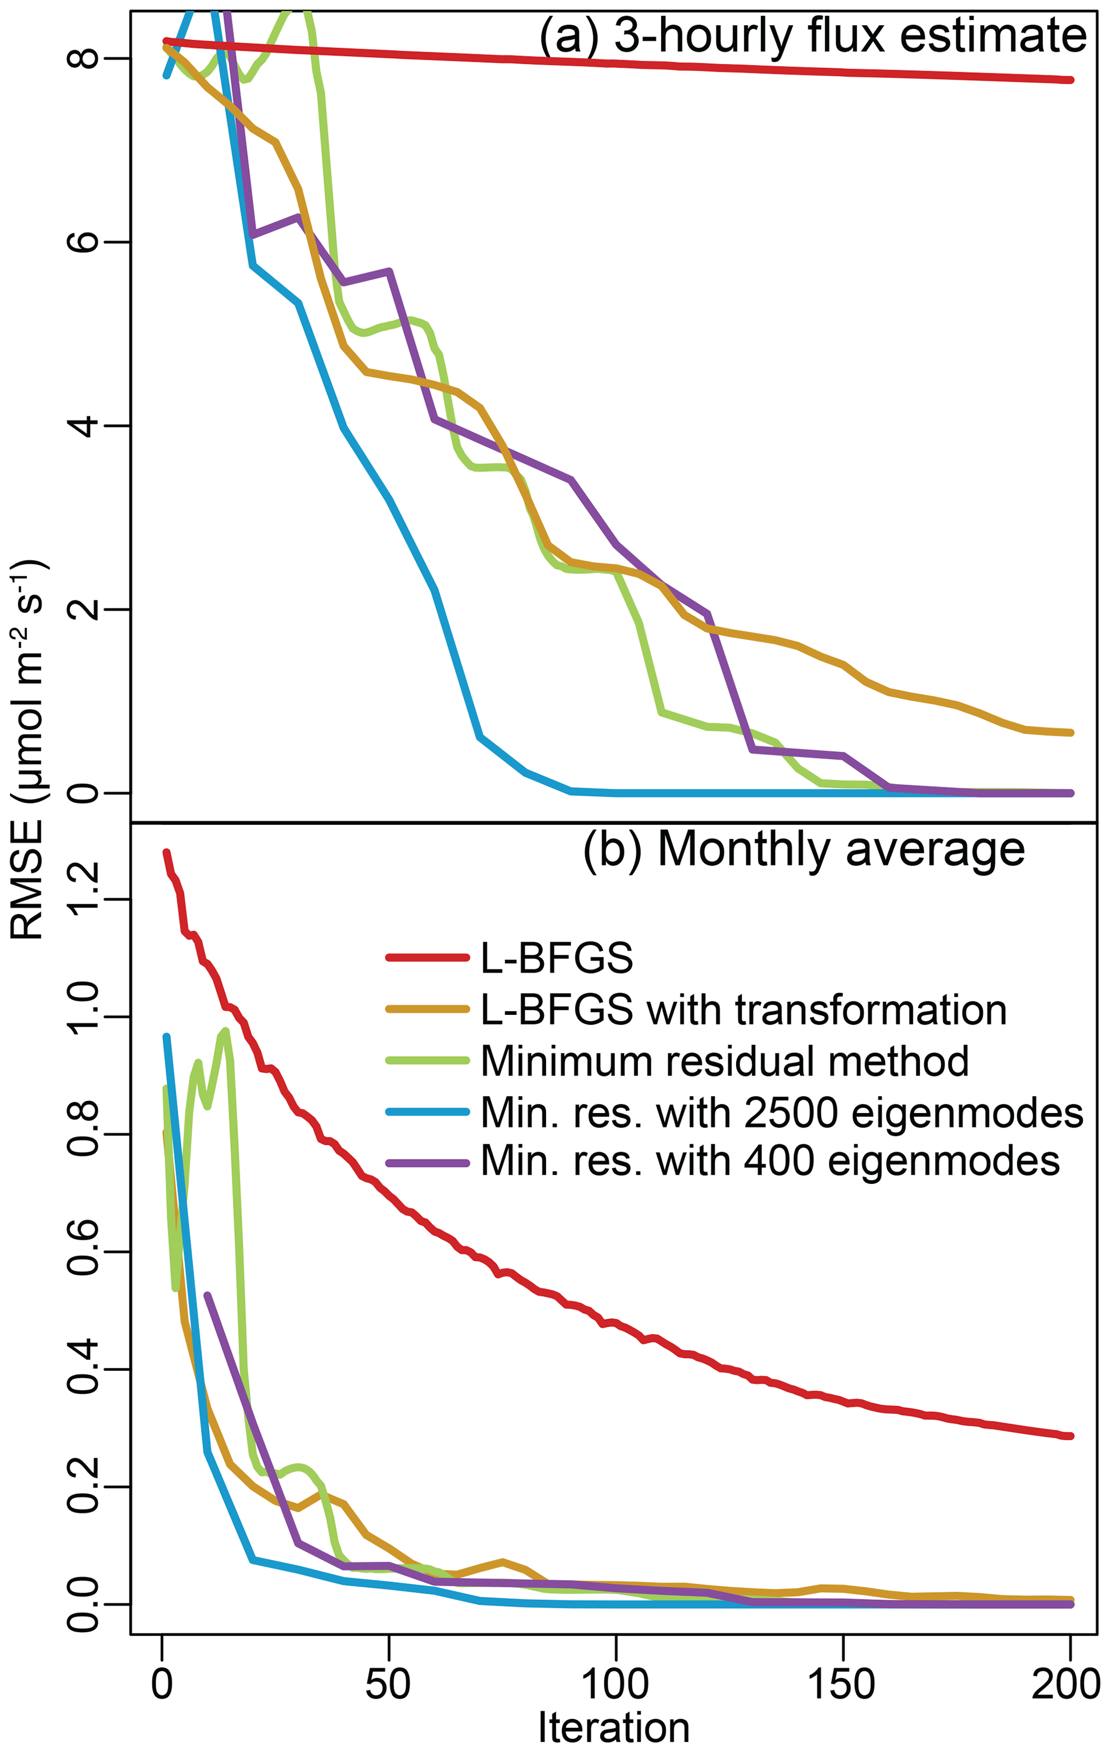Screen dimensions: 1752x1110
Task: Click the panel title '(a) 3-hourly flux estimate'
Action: [x=812, y=37]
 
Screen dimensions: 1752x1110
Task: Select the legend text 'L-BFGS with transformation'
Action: [x=743, y=1011]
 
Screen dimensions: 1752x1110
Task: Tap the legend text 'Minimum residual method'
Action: [x=724, y=1062]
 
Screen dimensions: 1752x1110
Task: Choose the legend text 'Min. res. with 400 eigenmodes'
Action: [x=770, y=1162]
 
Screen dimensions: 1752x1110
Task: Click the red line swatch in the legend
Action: [x=427, y=958]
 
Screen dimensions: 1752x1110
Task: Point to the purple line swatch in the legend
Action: [x=427, y=1162]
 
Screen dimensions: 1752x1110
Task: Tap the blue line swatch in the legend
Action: [x=427, y=1113]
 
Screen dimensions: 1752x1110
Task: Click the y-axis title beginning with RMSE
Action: [x=29, y=750]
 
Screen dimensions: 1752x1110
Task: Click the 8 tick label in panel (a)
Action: [x=82, y=58]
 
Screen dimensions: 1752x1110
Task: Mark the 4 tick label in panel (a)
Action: [x=82, y=426]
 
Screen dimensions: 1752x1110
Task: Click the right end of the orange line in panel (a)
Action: [x=1070, y=733]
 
